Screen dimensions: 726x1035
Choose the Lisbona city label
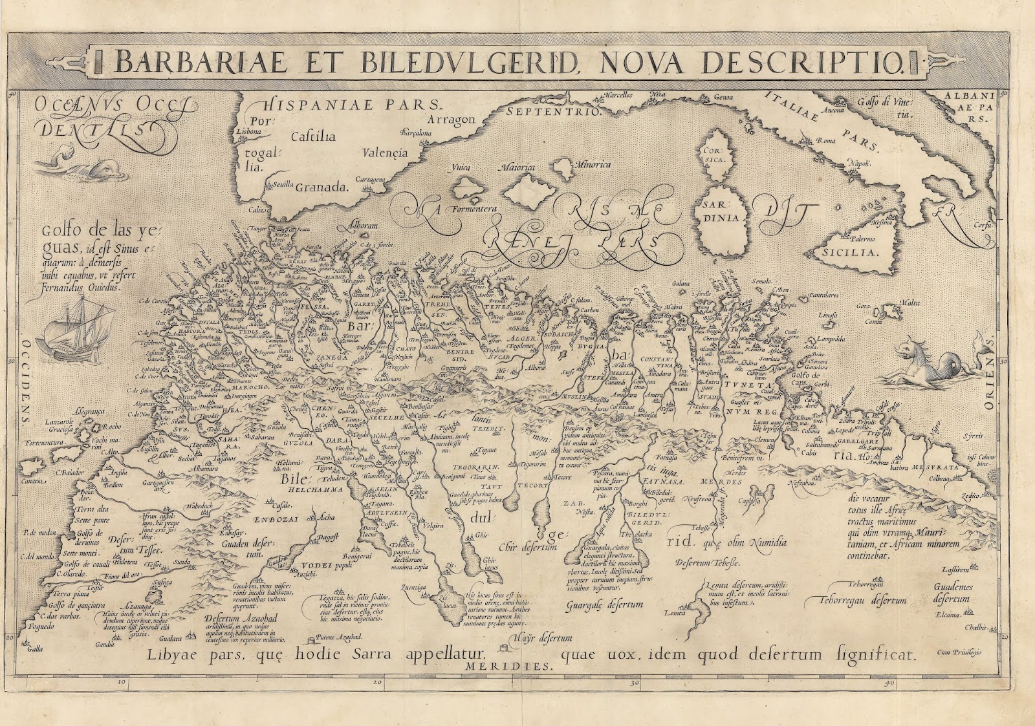246,131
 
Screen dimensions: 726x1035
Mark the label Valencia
386,153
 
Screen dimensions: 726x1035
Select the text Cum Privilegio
959,653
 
